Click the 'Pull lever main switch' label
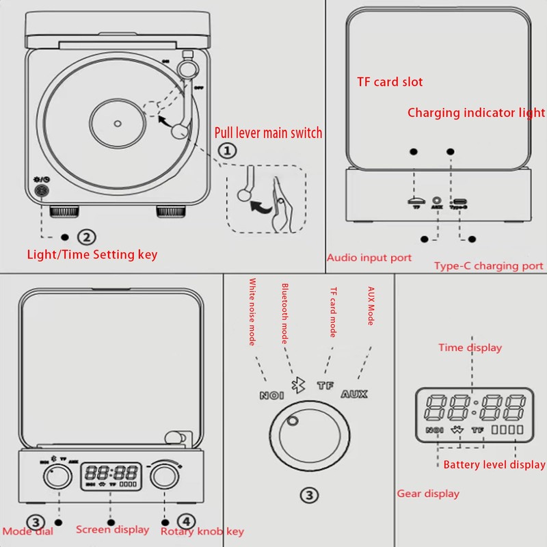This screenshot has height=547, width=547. point(268,133)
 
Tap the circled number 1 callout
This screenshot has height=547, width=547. point(227,150)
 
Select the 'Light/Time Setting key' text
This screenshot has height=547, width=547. point(92,254)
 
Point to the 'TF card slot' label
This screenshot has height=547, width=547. point(390,82)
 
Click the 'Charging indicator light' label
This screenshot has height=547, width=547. point(476,113)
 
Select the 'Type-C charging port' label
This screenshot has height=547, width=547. point(488,266)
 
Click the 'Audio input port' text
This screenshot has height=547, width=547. point(369,258)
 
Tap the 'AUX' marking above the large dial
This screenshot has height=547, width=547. point(353,394)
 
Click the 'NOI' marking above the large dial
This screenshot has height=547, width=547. point(271,395)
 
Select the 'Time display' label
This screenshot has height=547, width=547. point(470,347)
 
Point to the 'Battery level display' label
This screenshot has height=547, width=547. point(494,465)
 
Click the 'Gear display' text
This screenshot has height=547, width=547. point(428,493)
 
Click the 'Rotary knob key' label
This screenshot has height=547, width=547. point(202,531)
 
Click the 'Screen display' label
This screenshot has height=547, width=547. point(112,529)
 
